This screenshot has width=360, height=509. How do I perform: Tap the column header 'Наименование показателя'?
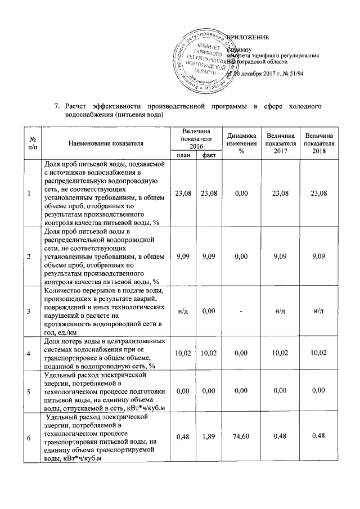tap(103, 144)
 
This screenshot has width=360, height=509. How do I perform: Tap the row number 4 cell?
tap(29, 354)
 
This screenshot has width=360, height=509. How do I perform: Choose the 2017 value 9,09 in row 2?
tap(280, 257)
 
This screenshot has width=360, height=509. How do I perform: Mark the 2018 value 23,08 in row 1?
tap(319, 193)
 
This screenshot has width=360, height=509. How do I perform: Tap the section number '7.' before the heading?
tap(57, 106)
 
